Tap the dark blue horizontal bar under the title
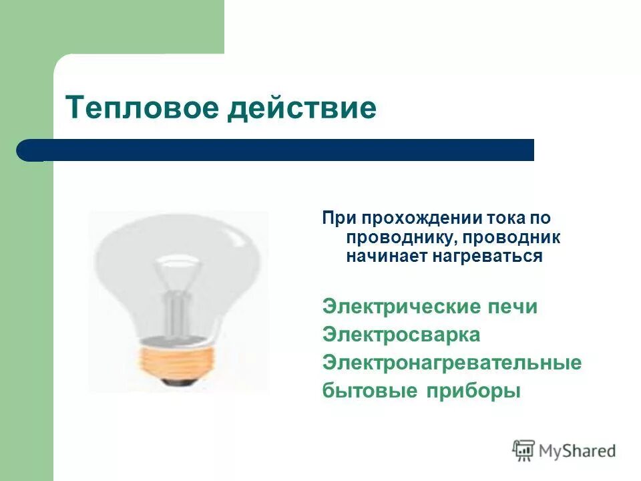tap(280, 150)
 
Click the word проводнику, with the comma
tap(399, 237)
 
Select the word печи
tap(512, 307)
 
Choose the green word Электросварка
tap(401, 335)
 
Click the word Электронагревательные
tap(452, 363)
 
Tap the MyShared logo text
tap(578, 451)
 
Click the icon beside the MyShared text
tap(524, 450)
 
